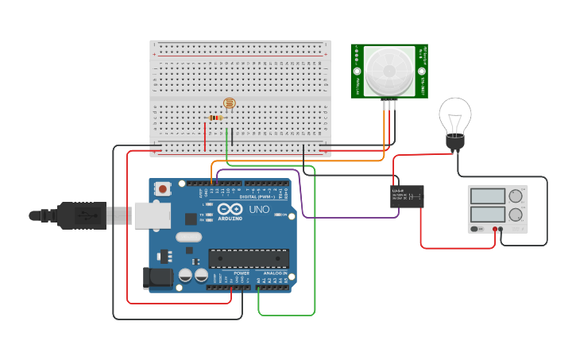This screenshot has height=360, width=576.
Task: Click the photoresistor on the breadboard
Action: [x=230, y=103]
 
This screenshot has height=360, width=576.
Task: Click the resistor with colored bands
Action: [x=215, y=118]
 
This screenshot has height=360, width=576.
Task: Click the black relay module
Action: [x=407, y=196]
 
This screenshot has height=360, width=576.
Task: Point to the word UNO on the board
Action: [x=259, y=210]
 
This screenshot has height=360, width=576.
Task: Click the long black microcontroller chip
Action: [x=248, y=257]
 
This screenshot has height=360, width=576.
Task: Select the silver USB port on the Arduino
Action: [x=153, y=215]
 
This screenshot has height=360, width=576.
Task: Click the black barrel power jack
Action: [x=157, y=277]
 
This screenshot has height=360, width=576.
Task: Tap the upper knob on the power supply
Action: [x=516, y=195]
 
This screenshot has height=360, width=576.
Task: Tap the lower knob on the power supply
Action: [x=516, y=215]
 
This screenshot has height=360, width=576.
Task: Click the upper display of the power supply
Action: [x=487, y=196]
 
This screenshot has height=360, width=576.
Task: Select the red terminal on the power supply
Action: [x=494, y=230]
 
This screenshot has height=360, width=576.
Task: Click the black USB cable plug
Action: [x=79, y=215]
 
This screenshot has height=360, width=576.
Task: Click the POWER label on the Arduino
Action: [x=242, y=273]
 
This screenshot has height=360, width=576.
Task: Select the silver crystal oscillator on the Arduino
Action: [x=189, y=237]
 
